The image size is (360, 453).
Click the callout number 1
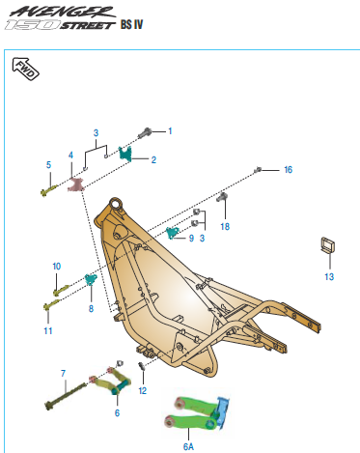(x=170, y=129)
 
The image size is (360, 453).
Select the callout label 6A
(x=188, y=447)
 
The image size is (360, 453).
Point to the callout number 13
(x=328, y=276)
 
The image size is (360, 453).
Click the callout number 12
(x=142, y=390)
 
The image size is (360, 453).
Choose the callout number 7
(x=64, y=373)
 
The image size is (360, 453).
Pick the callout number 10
(x=56, y=266)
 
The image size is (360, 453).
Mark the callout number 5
(x=48, y=165)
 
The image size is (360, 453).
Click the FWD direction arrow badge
(x=23, y=67)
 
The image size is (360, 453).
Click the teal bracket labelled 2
(x=125, y=153)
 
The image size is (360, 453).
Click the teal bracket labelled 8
(x=91, y=280)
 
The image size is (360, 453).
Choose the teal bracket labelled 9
(x=174, y=232)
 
